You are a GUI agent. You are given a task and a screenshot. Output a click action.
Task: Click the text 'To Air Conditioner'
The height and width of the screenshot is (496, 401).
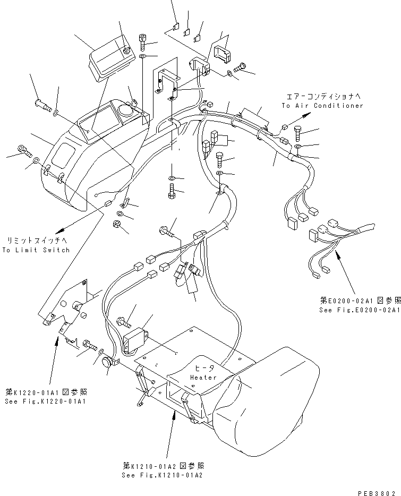(322, 106)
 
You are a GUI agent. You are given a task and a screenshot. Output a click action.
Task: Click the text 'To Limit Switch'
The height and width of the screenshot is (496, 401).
(36, 250)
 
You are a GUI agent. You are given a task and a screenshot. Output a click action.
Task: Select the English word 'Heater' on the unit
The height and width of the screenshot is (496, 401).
(203, 378)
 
